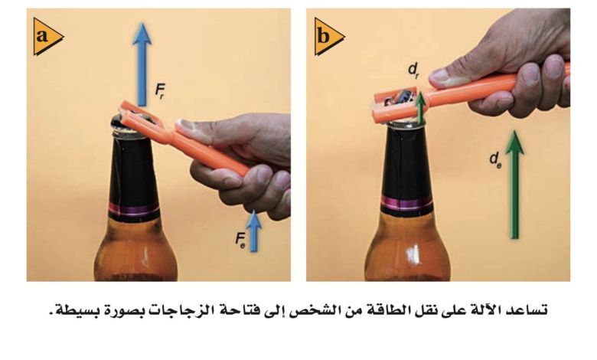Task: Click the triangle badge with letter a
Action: [x=47, y=37]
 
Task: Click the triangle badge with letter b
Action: [x=328, y=37]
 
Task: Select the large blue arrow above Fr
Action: [x=142, y=64]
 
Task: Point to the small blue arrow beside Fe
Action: [x=253, y=231]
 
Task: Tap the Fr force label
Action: [x=160, y=91]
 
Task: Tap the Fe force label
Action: [x=240, y=240]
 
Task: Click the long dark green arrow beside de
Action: [x=515, y=185]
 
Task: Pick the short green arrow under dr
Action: [x=420, y=108]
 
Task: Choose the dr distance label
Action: [x=414, y=70]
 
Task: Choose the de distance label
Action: [x=496, y=160]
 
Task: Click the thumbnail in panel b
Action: [x=446, y=76]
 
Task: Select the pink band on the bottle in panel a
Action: [x=134, y=210]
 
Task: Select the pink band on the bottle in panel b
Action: [x=407, y=202]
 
